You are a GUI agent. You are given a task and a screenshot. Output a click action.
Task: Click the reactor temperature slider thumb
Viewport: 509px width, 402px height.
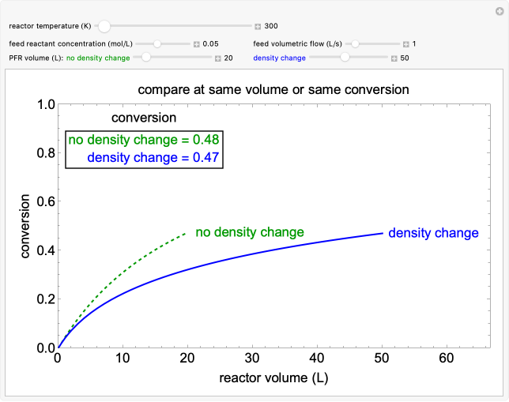pyautogui.click(x=104, y=26)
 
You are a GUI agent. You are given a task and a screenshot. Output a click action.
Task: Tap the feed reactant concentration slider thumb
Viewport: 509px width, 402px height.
pyautogui.click(x=157, y=43)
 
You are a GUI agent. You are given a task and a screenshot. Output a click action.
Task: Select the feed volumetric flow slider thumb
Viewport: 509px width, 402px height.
pyautogui.click(x=356, y=43)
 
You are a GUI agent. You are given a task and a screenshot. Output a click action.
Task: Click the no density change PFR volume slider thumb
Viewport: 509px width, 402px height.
pyautogui.click(x=145, y=58)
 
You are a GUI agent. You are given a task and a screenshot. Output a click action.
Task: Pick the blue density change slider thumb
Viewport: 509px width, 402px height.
pyautogui.click(x=345, y=58)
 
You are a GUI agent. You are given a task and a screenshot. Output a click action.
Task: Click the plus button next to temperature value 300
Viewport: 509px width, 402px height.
pyautogui.click(x=258, y=26)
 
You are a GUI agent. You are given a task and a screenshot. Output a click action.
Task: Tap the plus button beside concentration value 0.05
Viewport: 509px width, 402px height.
pyautogui.click(x=196, y=44)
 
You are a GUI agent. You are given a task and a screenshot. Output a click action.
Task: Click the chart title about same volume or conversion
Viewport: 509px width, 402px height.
pyautogui.click(x=273, y=89)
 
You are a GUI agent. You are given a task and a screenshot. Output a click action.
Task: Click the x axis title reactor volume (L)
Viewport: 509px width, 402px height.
pyautogui.click(x=273, y=378)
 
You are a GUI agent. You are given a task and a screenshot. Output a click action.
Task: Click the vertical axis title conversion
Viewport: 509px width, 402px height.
pyautogui.click(x=25, y=226)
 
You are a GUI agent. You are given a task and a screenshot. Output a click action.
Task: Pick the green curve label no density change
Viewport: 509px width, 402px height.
pyautogui.click(x=250, y=232)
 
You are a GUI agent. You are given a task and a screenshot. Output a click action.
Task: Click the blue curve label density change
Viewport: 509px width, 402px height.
pyautogui.click(x=433, y=233)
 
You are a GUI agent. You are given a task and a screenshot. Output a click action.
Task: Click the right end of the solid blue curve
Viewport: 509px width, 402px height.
pyautogui.click(x=383, y=233)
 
